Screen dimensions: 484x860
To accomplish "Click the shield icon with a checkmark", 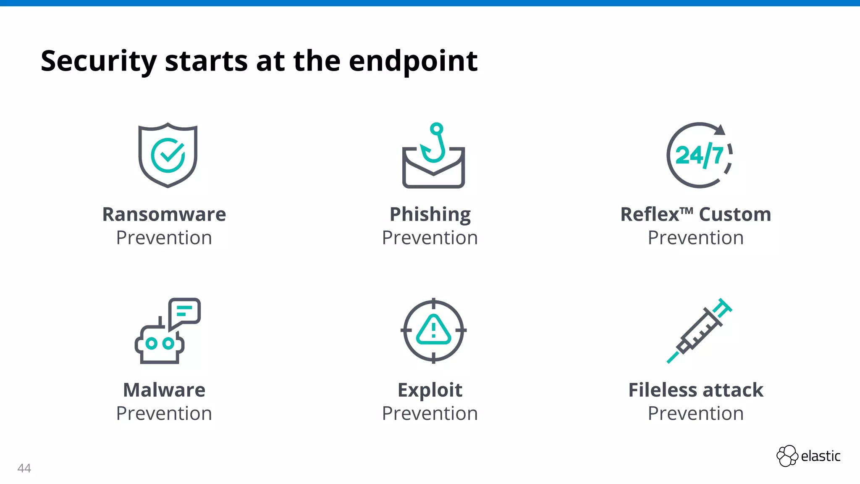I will point(168,155).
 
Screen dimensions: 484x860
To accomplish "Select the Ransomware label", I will point(164,214).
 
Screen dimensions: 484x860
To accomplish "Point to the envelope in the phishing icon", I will point(433,172).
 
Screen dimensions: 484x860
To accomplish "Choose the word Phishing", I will point(430,214).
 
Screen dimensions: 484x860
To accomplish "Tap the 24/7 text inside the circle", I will point(699,155).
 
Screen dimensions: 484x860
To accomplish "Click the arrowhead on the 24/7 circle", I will point(720,130).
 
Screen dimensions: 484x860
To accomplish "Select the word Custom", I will point(735,214).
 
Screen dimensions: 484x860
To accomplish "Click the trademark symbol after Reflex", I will point(686,210).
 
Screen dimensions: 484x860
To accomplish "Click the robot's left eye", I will point(151,344).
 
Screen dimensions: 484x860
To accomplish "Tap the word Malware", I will point(164,390).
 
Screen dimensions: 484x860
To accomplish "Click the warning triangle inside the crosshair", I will point(434,330).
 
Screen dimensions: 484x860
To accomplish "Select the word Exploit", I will point(430,390).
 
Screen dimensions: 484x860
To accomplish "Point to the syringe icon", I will point(700,331).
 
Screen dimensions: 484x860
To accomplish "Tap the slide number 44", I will point(24,468).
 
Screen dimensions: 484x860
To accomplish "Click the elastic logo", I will point(808,456).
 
